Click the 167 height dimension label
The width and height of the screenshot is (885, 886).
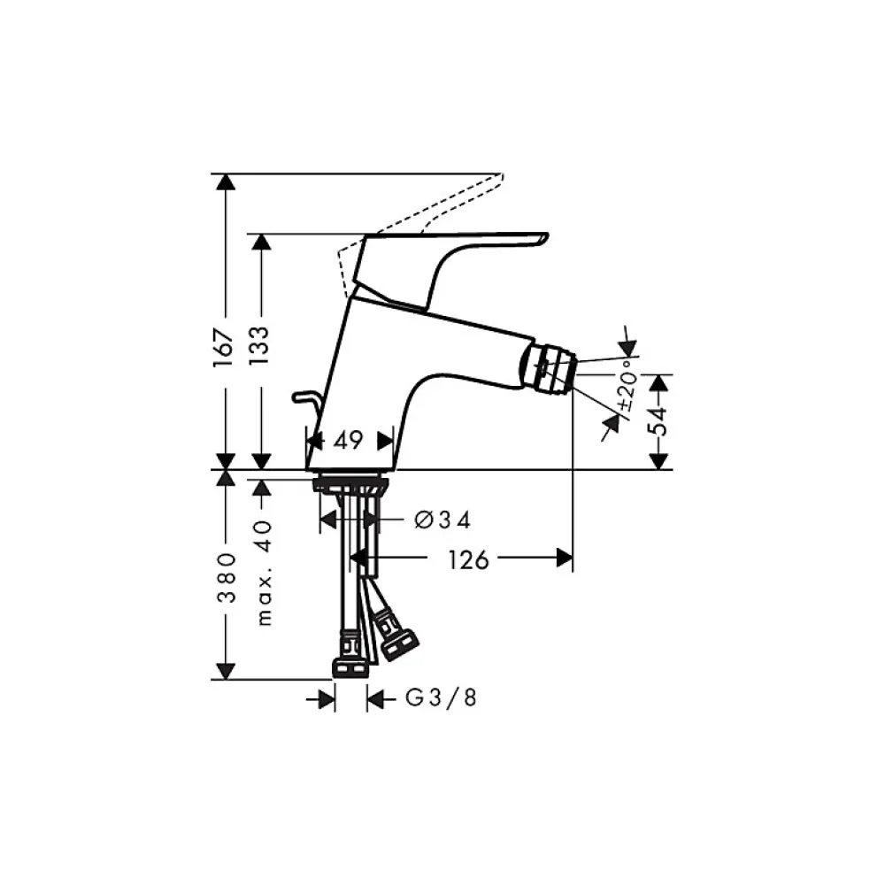pos(224,348)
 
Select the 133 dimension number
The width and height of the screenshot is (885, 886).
pos(260,345)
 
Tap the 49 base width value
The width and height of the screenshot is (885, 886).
pos(348,440)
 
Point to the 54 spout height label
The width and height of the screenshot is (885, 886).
pos(658,421)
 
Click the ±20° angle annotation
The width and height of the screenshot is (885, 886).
pos(627,390)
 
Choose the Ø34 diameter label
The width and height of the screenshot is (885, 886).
pos(442,520)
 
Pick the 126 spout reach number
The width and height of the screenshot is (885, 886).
pos(468,560)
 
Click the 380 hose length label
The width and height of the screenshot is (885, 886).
pos(227,578)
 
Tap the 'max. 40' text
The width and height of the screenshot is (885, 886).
pos(264,573)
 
